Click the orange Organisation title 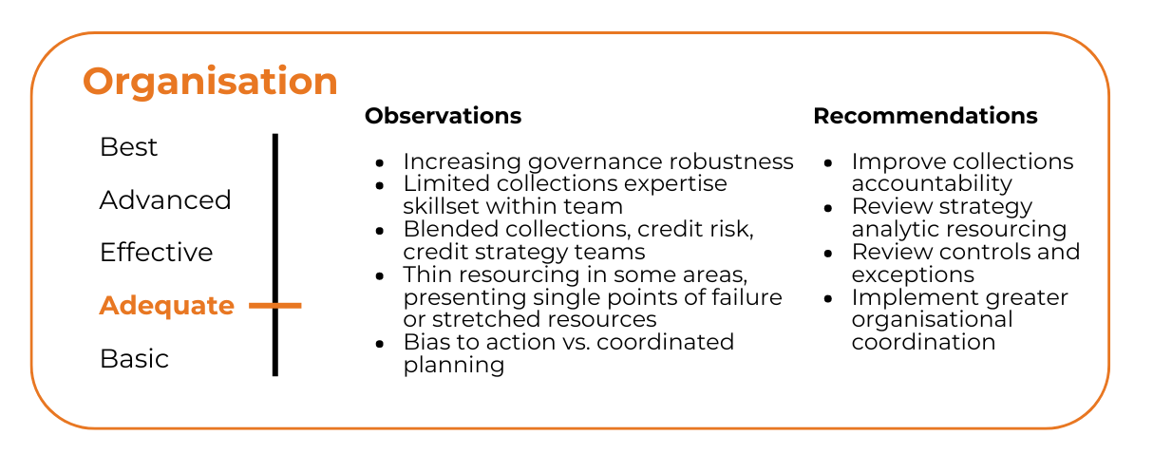tap(210, 83)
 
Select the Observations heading tap(444, 116)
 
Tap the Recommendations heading tap(925, 116)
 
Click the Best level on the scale tap(128, 147)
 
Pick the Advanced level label tap(165, 199)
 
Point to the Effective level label tap(157, 253)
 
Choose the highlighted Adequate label tap(167, 306)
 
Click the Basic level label tap(134, 359)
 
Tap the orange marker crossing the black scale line tap(275, 306)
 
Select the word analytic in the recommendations tap(903, 230)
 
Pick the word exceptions tap(913, 275)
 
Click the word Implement tap(911, 298)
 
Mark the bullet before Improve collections tap(828, 163)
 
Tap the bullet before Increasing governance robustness tap(380, 163)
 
